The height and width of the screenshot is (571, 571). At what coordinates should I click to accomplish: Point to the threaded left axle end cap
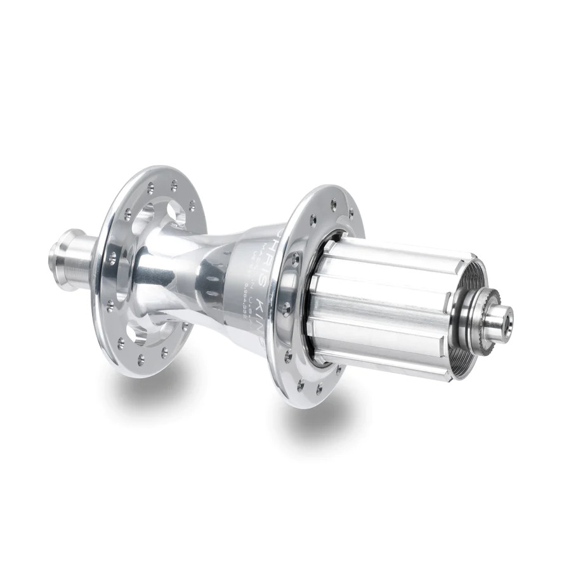coord(67,260)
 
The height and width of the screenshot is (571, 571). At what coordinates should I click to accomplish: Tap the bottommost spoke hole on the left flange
coord(141,359)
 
